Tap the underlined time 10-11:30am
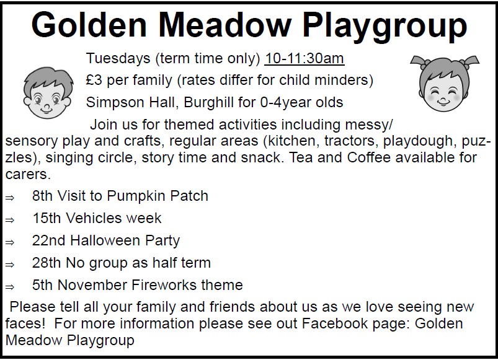coord(305,58)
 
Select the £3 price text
coord(94,80)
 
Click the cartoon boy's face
coord(47,93)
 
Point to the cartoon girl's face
coord(444,84)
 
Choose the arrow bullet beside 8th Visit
coord(10,198)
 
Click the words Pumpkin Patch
coord(158,196)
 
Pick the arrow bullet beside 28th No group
coord(10,265)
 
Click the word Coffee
coord(369,157)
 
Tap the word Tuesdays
coord(118,59)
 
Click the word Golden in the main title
coord(89,25)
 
